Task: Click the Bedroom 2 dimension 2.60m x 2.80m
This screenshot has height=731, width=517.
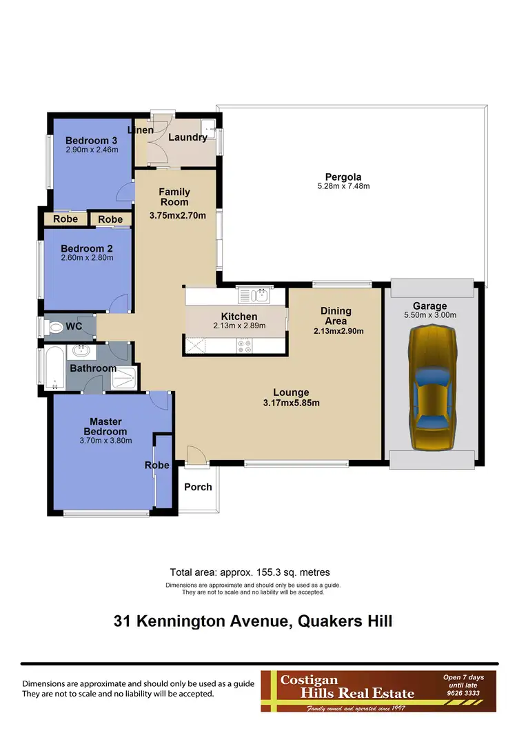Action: [87, 258]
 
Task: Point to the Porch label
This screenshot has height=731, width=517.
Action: [198, 487]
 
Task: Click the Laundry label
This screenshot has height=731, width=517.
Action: [187, 137]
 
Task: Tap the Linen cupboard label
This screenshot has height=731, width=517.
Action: [141, 130]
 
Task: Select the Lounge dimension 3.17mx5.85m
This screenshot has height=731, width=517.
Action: [291, 403]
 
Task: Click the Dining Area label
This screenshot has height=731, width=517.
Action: [336, 316]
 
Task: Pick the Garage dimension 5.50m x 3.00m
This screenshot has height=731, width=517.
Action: [429, 315]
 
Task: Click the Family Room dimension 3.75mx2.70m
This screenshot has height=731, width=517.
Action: [178, 215]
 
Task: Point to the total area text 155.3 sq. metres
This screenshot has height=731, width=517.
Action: [250, 572]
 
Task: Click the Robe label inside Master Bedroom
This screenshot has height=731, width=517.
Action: [156, 465]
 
